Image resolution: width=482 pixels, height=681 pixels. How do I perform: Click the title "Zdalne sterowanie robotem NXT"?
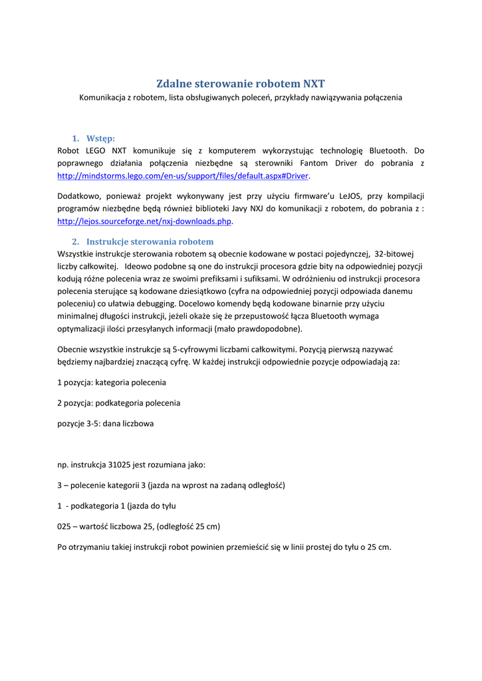[x=241, y=84]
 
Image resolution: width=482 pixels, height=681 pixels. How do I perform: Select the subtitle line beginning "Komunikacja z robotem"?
[x=241, y=98]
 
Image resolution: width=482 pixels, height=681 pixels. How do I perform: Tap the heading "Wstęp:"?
[x=100, y=138]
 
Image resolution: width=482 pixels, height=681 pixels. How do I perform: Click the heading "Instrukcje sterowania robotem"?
[x=150, y=241]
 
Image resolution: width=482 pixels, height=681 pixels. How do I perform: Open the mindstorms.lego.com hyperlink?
[x=183, y=176]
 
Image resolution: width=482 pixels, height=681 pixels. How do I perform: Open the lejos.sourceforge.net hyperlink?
[x=145, y=221]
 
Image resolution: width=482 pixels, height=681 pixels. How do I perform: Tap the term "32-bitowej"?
[x=400, y=254]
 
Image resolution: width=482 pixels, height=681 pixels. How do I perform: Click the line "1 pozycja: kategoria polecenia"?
[x=112, y=382]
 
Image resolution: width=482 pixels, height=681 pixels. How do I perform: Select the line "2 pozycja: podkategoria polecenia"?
[x=118, y=403]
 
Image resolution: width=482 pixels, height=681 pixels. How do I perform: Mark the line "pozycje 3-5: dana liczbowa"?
[x=105, y=423]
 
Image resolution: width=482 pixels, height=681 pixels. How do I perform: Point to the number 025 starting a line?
[x=64, y=527]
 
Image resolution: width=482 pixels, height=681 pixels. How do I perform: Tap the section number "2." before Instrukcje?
[x=76, y=241]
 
